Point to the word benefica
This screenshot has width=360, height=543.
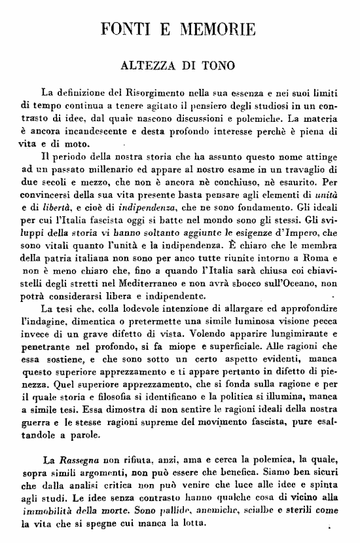click(215, 474)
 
